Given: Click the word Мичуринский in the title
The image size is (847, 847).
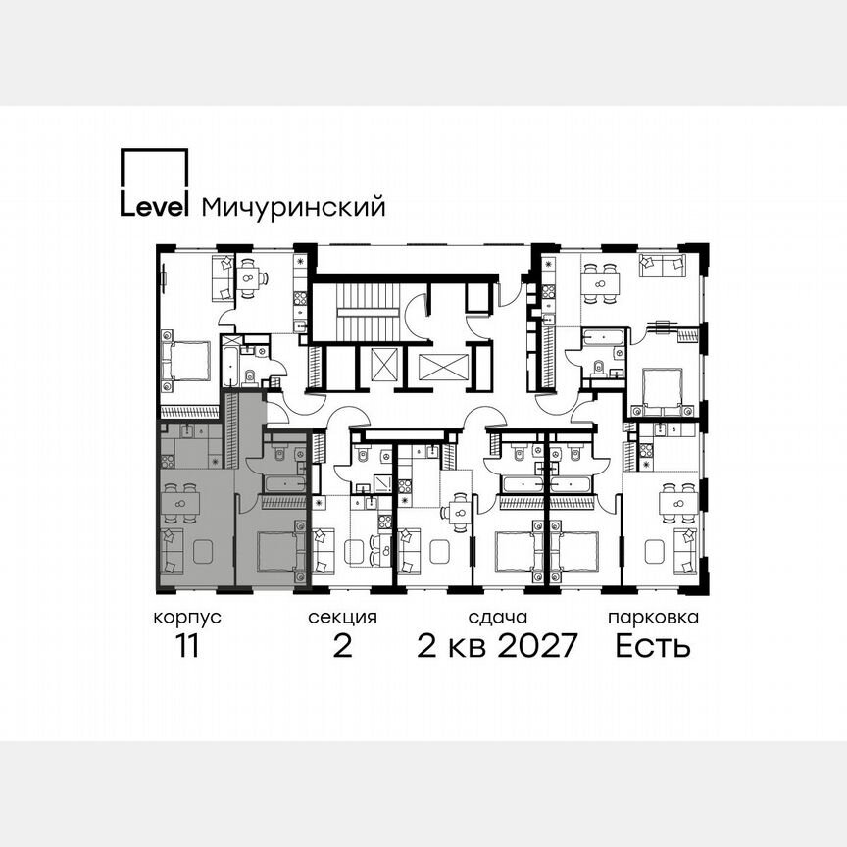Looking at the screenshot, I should pos(292,207).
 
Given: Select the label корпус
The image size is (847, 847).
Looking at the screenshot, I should pos(186,619).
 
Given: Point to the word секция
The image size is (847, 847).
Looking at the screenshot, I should pos(342,619).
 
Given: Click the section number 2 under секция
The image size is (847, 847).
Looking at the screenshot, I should pos(342,647).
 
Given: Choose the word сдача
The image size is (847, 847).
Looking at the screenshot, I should pos(498,619).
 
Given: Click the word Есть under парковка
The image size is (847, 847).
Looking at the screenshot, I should pos(653,647).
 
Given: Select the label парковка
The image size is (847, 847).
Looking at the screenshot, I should pos(653,619).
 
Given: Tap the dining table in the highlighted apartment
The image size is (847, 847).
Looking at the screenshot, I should pos(180,503).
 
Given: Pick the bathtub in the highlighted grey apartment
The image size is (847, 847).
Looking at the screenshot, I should pos(284,482).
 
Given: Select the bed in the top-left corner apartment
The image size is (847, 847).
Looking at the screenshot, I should pos(187,361).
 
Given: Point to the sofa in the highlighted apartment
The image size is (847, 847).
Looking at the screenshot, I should pos(172,551).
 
